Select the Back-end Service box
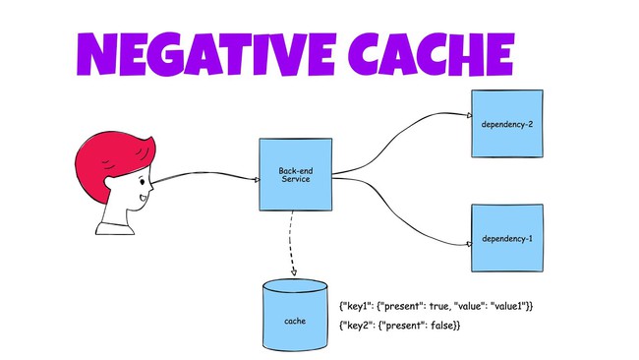click(x=294, y=174)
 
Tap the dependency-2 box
click(x=506, y=124)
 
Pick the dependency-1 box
click(x=506, y=239)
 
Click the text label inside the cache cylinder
click(x=295, y=322)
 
